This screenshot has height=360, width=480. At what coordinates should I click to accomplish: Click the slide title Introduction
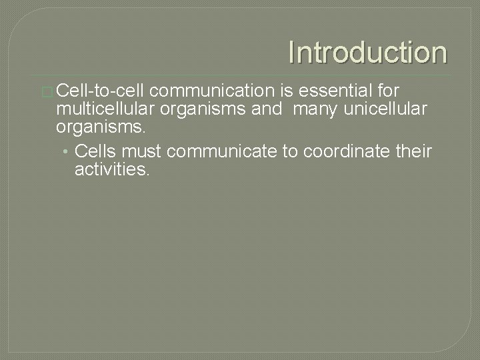click(367, 52)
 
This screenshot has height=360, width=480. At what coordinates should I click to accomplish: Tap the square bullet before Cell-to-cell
click(47, 90)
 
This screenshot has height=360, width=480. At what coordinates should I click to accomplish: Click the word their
click(413, 151)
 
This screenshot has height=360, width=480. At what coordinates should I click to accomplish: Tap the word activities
click(113, 171)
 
